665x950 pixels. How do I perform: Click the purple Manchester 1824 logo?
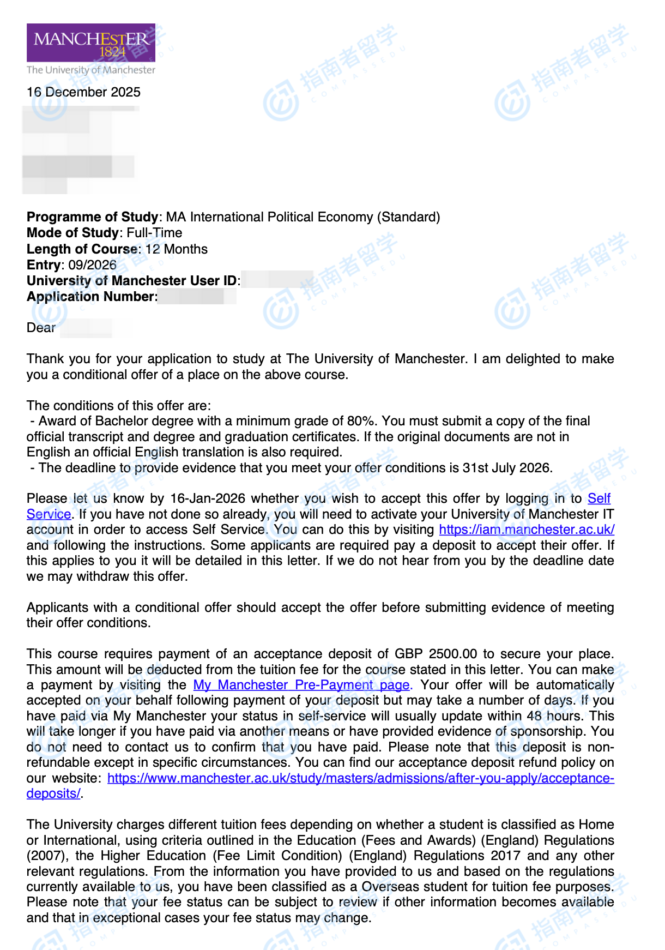[91, 43]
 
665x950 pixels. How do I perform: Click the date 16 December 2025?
[83, 92]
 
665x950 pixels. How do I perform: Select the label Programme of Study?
[92, 217]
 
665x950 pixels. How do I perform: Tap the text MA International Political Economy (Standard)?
[303, 217]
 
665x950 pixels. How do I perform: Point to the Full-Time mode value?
[154, 233]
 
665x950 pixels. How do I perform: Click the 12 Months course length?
[176, 249]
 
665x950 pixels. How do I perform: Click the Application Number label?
[92, 297]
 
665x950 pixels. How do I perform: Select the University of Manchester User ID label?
[132, 281]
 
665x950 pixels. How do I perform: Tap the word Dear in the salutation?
[41, 328]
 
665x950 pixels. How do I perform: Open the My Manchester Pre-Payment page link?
[301, 685]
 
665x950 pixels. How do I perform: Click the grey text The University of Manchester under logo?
[91, 70]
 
